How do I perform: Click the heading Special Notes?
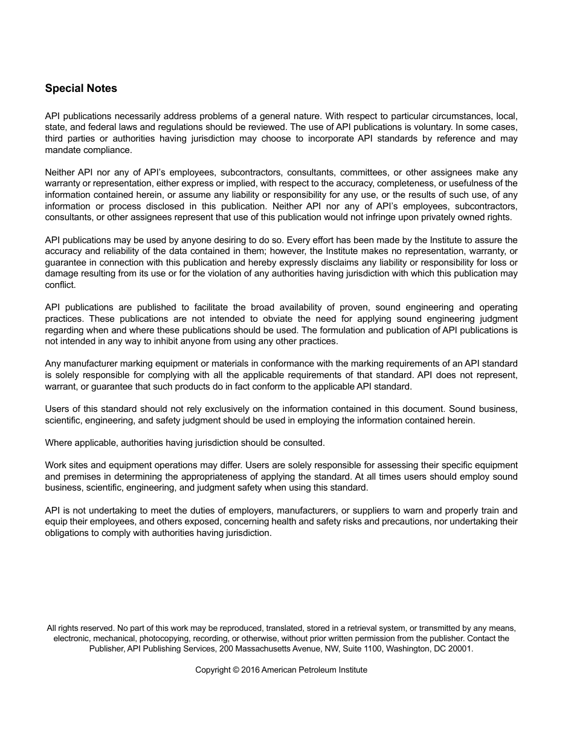point(81,88)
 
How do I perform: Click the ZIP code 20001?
point(460,648)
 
